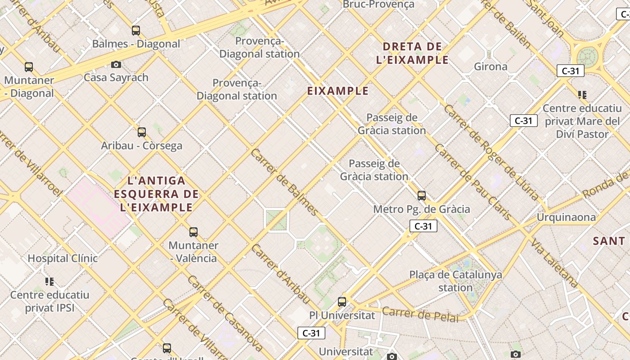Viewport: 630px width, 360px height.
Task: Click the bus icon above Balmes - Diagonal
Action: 136,31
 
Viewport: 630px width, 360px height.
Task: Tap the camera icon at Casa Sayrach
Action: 116,64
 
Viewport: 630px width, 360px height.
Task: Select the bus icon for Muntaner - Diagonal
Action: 29,67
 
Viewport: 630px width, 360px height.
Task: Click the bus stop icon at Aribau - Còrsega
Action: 142,132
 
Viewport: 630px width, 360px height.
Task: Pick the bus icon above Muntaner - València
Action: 193,232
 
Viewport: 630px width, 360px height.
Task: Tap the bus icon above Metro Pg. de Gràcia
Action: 422,196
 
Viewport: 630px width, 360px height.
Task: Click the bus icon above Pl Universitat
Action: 342,302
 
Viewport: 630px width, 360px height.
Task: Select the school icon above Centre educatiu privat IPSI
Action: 49,282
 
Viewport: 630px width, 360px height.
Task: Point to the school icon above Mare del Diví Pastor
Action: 582,95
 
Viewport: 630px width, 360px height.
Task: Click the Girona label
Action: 490,67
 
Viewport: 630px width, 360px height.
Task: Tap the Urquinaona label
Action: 566,217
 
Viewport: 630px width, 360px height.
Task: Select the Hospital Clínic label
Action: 63,258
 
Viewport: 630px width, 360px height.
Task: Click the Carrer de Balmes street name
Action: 284,182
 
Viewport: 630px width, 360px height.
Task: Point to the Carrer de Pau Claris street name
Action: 472,182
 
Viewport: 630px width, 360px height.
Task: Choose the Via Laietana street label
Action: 553,263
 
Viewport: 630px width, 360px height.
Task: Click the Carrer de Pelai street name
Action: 420,314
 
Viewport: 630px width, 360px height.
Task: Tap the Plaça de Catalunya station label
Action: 455,281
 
